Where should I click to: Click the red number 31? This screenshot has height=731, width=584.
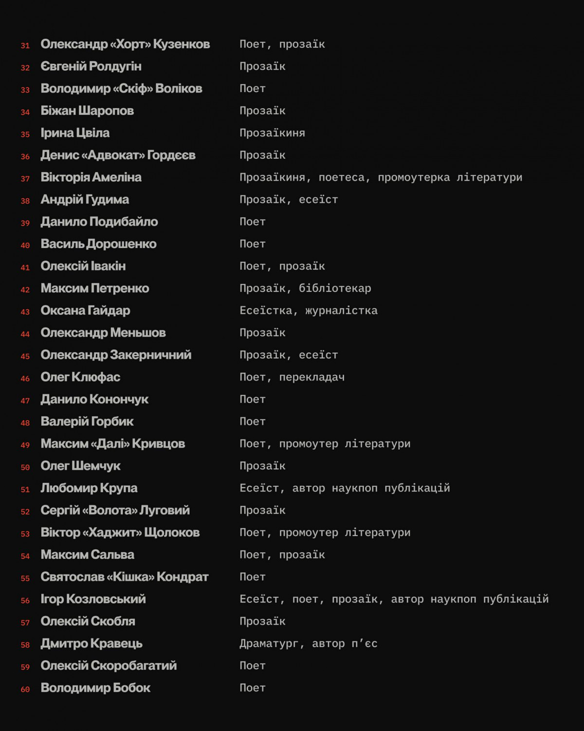(25, 46)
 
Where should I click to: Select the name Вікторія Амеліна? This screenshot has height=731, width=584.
(91, 177)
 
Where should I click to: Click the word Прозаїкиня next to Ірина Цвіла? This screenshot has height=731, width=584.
(272, 133)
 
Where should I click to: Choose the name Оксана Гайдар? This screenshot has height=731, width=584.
(85, 310)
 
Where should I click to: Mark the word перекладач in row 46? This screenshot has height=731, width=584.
(312, 377)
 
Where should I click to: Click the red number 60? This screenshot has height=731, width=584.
(25, 690)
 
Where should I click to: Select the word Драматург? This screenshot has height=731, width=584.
(269, 644)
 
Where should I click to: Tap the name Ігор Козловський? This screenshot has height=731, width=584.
(93, 599)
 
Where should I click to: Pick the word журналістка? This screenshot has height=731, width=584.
(341, 310)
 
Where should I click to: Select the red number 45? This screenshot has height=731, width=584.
(25, 357)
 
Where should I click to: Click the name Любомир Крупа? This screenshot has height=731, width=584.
(89, 488)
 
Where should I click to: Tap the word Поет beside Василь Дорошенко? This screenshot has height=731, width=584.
(253, 244)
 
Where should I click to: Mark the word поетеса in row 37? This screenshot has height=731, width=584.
(341, 177)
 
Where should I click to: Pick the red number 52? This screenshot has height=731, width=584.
(25, 512)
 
